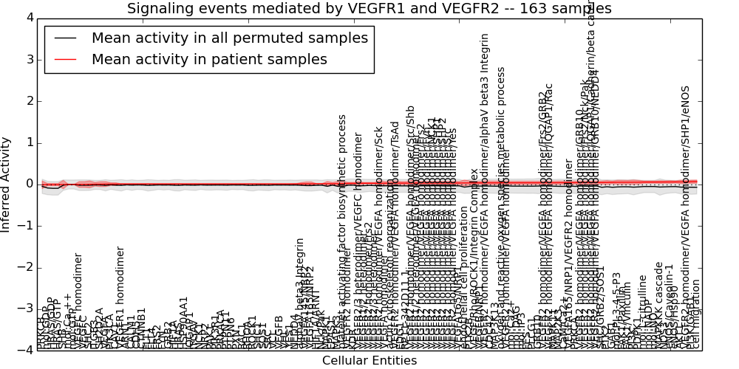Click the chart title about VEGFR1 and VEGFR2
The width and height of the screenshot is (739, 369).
369,9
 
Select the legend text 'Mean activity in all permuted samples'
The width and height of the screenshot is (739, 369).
229,38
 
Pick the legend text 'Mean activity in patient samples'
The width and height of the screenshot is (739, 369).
209,59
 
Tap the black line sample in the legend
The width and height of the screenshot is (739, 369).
65,38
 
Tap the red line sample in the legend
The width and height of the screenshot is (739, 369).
65,59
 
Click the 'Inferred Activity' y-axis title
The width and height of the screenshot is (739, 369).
7,184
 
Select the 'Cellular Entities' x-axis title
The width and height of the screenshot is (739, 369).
369,361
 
